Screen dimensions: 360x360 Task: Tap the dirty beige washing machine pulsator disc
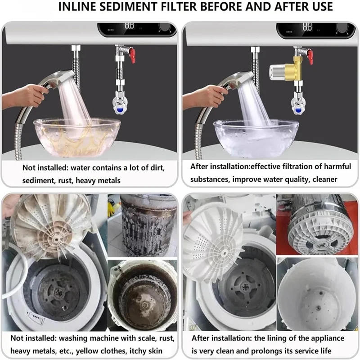pyautogui.click(x=49, y=225)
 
